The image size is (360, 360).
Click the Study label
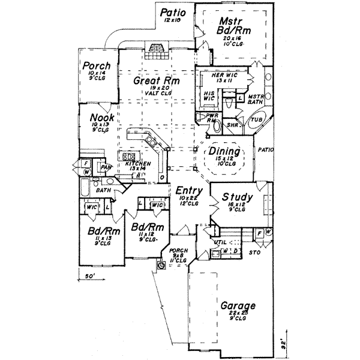[x=237, y=197]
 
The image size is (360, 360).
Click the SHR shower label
[x=232, y=125]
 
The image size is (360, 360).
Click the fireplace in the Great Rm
[x=157, y=50]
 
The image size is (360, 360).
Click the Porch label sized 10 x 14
[x=96, y=66]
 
